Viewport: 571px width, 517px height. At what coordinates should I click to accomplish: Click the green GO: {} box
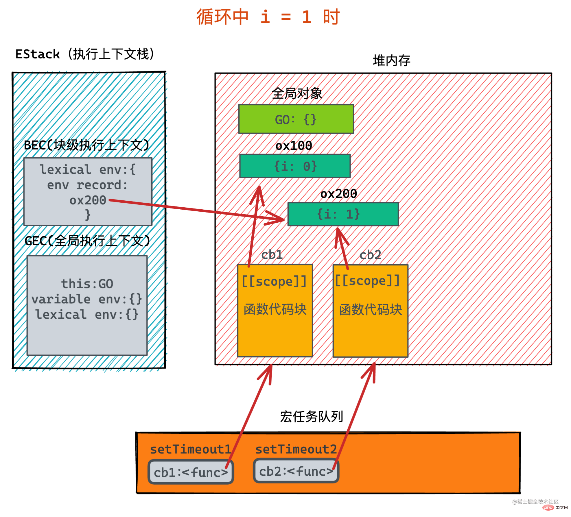pos(296,119)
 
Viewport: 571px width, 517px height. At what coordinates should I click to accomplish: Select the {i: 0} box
pos(295,166)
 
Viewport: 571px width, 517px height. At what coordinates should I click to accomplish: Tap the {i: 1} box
pos(343,214)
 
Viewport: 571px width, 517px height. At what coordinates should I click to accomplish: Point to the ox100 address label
pos(294,145)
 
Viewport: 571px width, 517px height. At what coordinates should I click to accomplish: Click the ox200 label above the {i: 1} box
pos(339,193)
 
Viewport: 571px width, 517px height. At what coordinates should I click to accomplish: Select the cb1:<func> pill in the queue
pos(191,472)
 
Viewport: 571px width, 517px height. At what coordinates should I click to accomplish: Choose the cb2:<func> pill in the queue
pos(296,471)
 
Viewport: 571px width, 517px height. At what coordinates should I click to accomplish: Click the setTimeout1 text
pos(190,449)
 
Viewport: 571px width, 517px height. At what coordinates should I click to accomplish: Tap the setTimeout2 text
pos(296,449)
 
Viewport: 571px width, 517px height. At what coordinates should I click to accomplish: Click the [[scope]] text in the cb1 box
pos(274,281)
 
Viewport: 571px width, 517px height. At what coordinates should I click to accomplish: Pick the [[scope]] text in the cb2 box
pos(367,280)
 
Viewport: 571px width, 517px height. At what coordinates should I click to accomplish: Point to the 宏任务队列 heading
pos(312,417)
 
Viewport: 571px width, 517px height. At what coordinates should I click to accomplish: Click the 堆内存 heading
pos(391,60)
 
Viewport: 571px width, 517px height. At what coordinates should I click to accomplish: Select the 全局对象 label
pos(297,93)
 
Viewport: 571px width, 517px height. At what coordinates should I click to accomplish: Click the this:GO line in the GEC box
pos(87,284)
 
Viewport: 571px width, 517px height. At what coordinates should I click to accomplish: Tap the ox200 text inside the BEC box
pos(88,200)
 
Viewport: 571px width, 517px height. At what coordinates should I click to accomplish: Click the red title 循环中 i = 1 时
pos(268,17)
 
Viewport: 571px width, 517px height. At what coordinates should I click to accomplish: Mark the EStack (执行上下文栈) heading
pos(85,54)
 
